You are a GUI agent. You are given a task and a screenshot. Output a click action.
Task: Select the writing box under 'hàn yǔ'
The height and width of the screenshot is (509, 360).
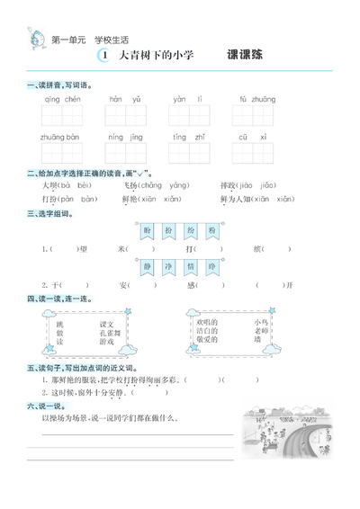point(126,116)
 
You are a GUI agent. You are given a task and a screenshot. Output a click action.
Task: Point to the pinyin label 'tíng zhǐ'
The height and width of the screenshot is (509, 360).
point(190,137)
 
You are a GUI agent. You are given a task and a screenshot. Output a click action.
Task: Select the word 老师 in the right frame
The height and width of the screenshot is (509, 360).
point(261,331)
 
